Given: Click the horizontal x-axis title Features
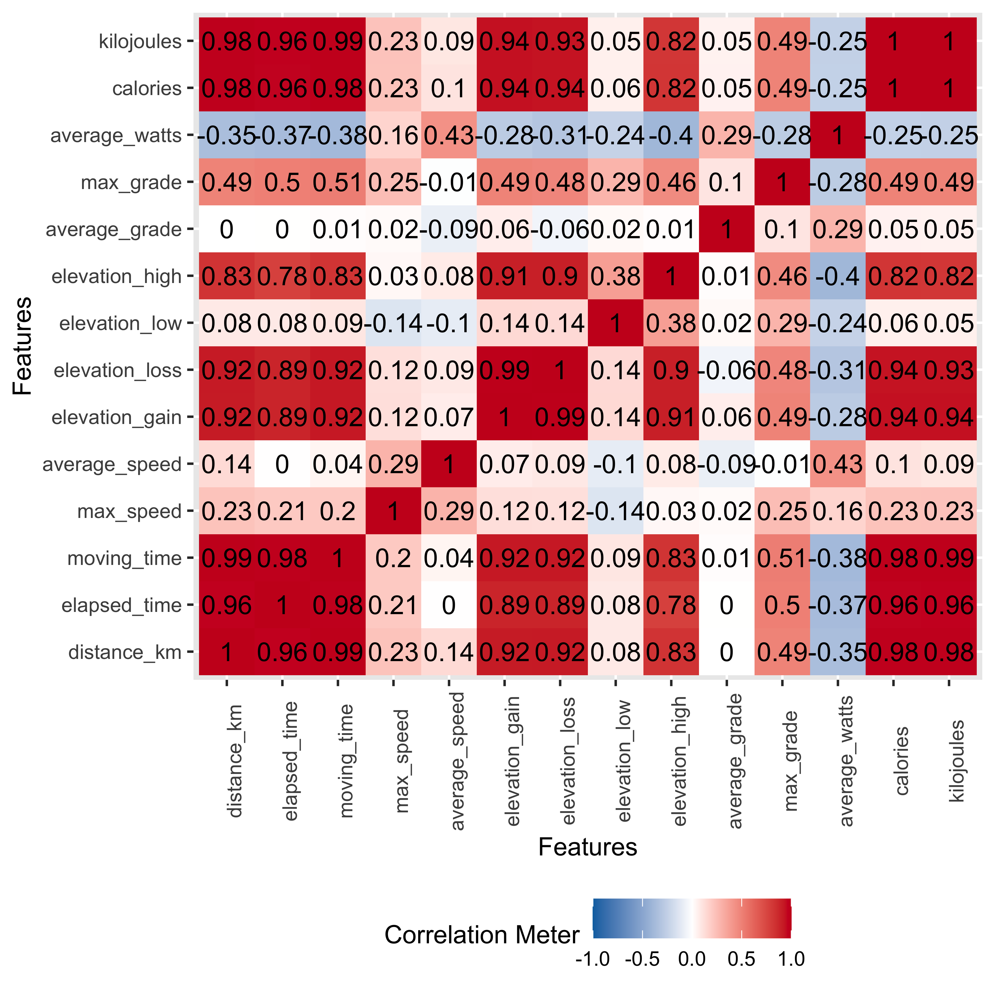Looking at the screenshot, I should coord(588,847).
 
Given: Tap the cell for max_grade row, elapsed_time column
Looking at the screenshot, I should coord(282,182).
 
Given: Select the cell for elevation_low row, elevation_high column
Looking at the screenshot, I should coord(671,323).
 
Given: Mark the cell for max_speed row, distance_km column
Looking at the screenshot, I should coord(227,511).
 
